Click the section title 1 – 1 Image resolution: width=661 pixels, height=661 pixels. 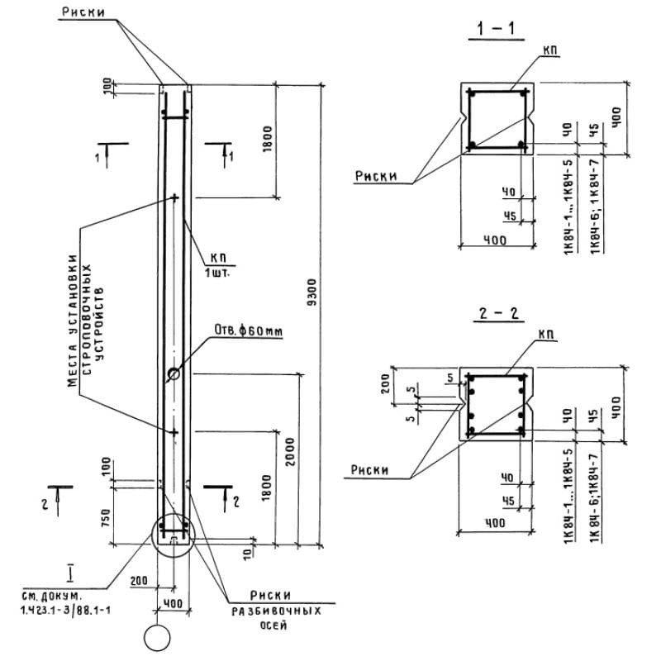point(496,31)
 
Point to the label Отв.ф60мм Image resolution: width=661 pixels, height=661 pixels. point(249,331)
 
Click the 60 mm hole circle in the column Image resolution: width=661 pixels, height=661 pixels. point(175,374)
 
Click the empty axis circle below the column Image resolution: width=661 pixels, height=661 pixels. point(155,639)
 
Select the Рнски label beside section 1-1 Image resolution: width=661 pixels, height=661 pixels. point(376,175)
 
